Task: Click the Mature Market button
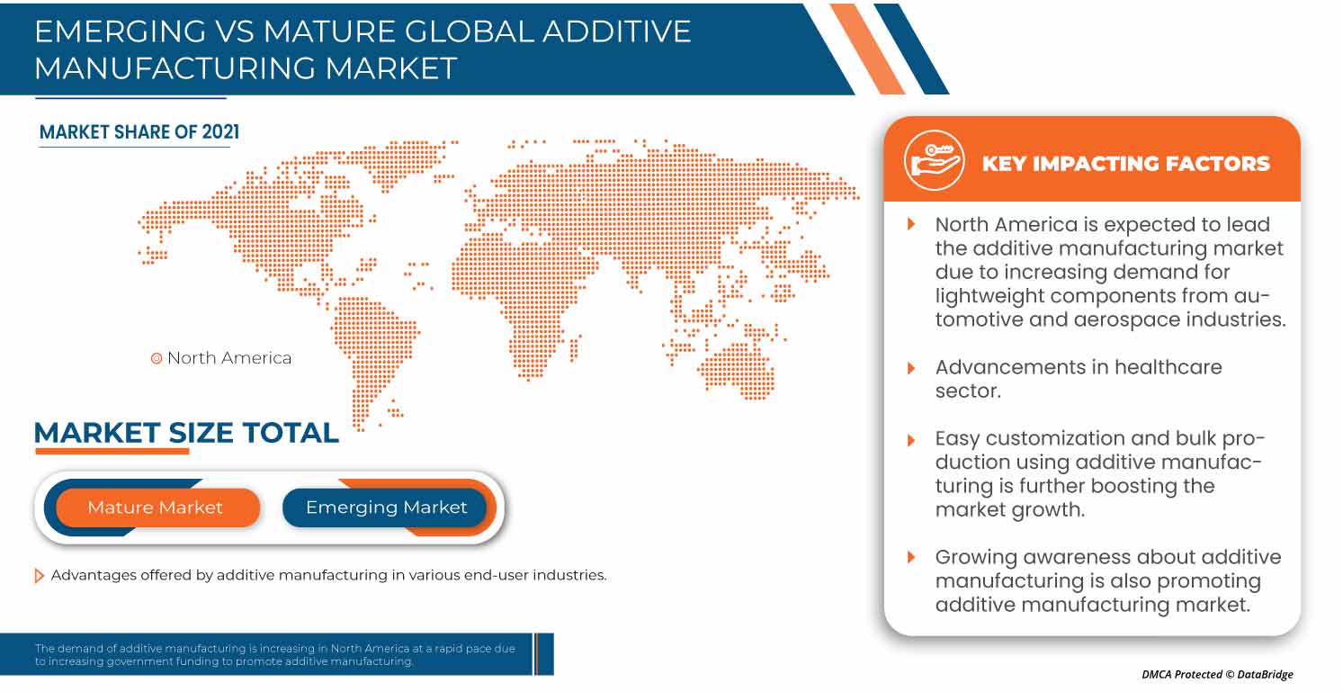coord(157,508)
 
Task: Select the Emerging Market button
coord(385,508)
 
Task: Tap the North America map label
coord(229,358)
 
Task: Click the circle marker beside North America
coord(157,358)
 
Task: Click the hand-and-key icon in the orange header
coord(934,160)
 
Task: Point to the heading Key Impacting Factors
coord(1126,163)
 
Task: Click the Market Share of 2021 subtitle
coord(139,132)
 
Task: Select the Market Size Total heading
coord(186,432)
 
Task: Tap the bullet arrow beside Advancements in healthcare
coord(911,368)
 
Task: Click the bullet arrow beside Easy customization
coord(911,440)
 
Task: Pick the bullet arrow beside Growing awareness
coord(911,557)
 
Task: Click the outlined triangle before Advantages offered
coord(39,576)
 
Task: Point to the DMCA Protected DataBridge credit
coord(1217,674)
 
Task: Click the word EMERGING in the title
coord(121,31)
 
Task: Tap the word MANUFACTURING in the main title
coord(175,67)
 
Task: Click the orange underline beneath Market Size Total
coord(112,451)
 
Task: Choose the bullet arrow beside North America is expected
coord(911,224)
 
